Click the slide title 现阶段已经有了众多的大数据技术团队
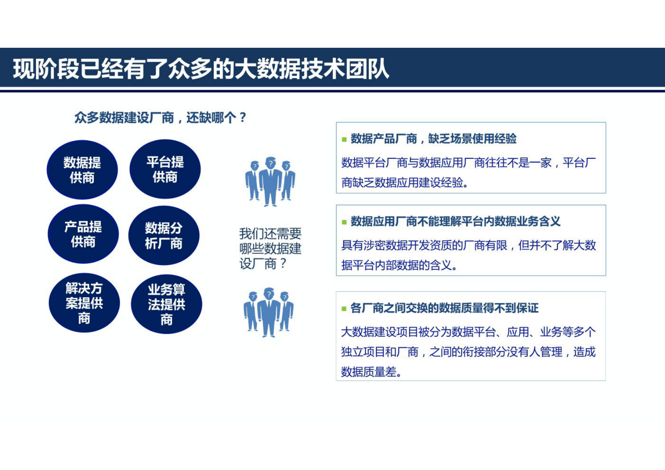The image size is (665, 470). tap(201, 69)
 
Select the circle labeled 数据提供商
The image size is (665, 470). tap(82, 170)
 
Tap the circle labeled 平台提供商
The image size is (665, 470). tap(165, 169)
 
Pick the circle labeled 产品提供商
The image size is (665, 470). tap(83, 234)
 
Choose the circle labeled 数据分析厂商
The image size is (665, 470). tap(164, 235)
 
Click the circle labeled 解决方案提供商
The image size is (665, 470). tap(84, 303)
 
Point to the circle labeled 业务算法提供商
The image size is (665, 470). tap(166, 304)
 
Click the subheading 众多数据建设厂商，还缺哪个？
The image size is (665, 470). tap(160, 118)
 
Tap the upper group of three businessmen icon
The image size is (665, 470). tap(270, 181)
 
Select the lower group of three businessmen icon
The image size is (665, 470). tap(269, 312)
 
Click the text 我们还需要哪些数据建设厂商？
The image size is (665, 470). tap(270, 248)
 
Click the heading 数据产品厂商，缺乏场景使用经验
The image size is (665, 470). tap(433, 139)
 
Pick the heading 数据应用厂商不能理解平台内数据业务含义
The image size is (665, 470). tap(455, 221)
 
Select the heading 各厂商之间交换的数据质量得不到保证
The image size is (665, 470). tap(444, 308)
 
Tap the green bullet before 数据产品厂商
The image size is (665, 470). tap(344, 139)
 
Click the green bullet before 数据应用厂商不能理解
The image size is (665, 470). tap(344, 222)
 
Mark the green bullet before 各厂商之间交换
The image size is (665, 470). tap(344, 309)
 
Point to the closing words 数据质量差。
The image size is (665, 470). tap(371, 372)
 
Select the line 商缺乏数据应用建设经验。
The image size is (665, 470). tap(404, 183)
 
